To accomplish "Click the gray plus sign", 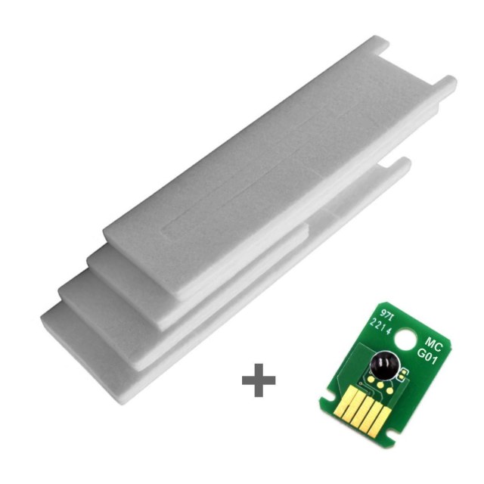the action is [259, 380].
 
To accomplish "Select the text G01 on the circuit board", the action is [427, 356].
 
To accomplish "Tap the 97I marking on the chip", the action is [380, 313].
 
